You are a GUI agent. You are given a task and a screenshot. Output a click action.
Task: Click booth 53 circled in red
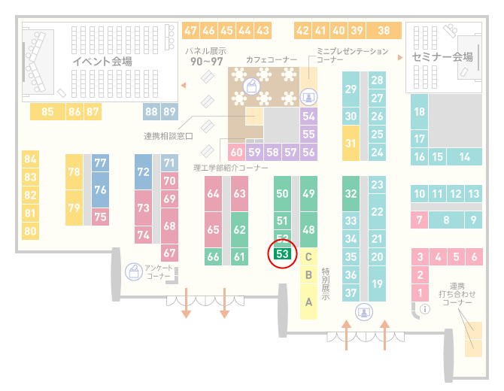(282, 254)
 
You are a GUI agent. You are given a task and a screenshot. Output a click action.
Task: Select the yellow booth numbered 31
(351, 143)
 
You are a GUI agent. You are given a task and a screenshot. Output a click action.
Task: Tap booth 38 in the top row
(384, 31)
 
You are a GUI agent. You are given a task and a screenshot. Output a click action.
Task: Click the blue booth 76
(100, 190)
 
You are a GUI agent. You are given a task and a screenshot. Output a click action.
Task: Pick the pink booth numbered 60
(236, 152)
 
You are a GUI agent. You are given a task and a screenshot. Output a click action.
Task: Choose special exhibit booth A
(308, 302)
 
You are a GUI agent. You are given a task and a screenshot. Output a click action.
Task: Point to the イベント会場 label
(102, 61)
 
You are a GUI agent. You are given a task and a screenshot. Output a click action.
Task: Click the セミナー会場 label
(442, 57)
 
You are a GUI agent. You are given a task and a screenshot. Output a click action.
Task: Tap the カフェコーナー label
(272, 59)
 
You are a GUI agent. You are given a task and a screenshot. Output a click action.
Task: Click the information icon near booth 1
(425, 309)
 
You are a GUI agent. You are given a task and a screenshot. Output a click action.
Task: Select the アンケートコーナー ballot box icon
(134, 271)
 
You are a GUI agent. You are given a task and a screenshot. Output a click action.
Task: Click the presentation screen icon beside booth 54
(308, 97)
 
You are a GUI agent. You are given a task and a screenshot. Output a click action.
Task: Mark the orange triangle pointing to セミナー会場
(400, 57)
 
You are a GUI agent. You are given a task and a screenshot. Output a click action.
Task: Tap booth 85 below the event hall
(47, 112)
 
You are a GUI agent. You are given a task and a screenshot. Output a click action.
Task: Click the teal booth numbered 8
(446, 220)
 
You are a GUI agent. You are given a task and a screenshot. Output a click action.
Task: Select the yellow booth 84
(31, 159)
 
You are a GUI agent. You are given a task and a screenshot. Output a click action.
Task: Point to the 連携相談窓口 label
(168, 136)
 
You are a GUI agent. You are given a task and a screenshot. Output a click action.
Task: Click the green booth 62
(239, 229)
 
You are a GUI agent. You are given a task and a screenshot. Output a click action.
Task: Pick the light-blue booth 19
(377, 284)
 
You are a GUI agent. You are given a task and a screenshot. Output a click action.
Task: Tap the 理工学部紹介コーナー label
(230, 168)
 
